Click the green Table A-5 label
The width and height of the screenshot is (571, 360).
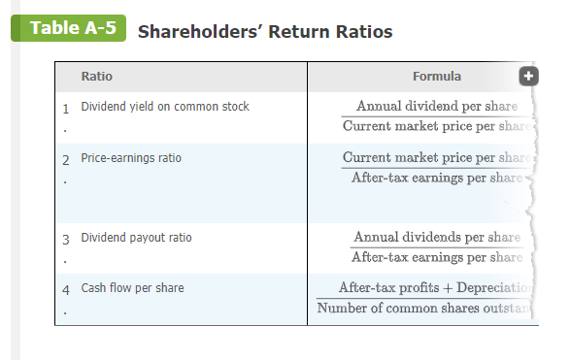[72, 27]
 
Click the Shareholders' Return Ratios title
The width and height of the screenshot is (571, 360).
[265, 32]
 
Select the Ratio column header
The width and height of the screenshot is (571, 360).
[97, 77]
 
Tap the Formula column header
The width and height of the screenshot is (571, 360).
[436, 77]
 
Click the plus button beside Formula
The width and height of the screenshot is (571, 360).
[528, 77]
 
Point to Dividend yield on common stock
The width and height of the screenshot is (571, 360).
[165, 106]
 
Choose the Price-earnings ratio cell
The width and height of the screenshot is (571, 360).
[131, 157]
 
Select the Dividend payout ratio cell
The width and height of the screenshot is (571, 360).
[137, 237]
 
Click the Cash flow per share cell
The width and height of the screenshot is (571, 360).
[132, 288]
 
